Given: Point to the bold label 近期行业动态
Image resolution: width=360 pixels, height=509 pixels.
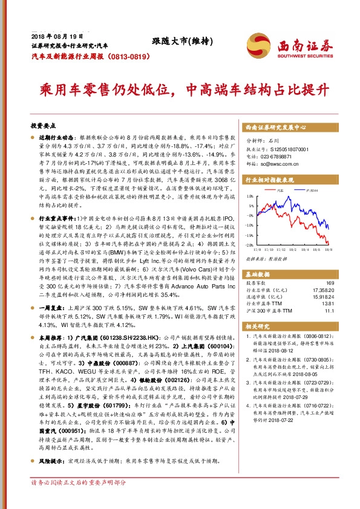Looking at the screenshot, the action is [x=56, y=138].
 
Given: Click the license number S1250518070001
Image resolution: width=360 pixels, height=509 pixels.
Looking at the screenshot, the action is [x=285, y=149].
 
